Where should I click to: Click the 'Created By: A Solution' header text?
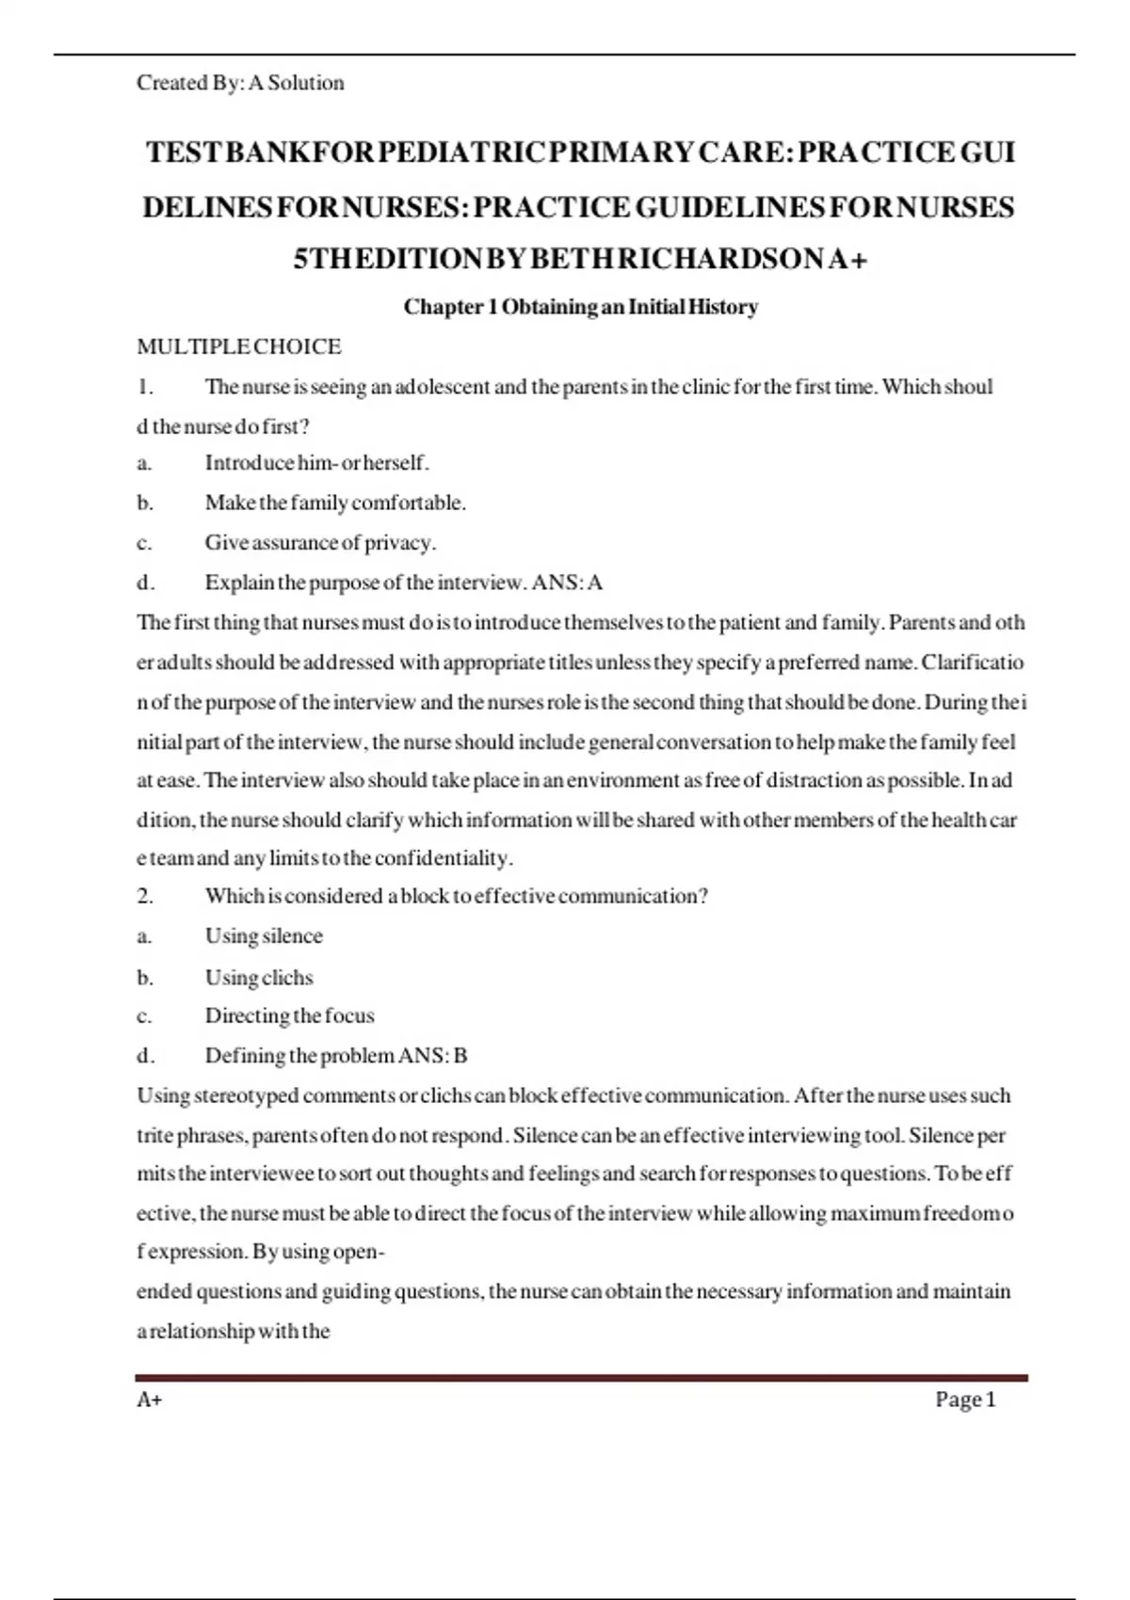coord(240,83)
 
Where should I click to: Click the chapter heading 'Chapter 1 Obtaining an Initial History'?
coord(580,307)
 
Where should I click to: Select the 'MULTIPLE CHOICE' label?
coord(239,346)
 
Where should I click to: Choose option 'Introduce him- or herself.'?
coord(316,463)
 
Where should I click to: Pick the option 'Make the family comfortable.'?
coord(335,503)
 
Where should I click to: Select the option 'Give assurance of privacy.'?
coord(320,543)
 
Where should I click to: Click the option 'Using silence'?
coord(264,936)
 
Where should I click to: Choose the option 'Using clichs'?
coord(259,978)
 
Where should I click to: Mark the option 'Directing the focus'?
coord(289,1016)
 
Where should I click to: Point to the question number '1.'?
coord(144,387)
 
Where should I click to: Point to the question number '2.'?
coord(145,896)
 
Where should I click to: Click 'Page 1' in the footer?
coord(965,1400)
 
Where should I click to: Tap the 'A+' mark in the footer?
coord(149,1400)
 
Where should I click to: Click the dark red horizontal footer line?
coord(580,1378)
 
